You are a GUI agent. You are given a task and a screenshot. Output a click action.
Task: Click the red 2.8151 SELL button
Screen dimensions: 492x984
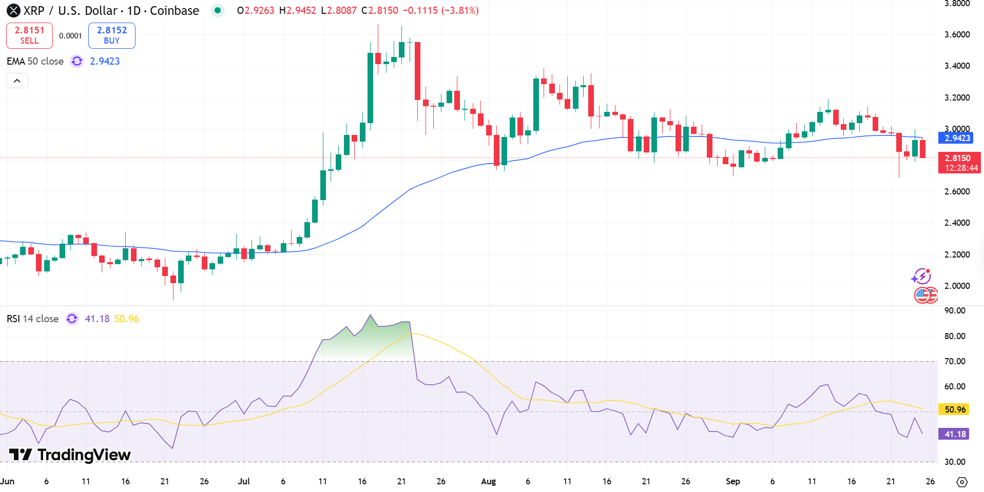pyautogui.click(x=29, y=35)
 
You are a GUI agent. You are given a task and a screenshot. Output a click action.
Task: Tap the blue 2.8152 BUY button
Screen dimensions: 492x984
pyautogui.click(x=111, y=35)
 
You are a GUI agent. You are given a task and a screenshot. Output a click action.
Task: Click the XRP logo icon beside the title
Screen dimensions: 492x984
pyautogui.click(x=13, y=10)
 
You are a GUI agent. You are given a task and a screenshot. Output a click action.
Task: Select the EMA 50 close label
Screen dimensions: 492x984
pyautogui.click(x=35, y=61)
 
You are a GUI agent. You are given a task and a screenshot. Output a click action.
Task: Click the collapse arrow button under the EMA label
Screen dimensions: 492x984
pyautogui.click(x=17, y=81)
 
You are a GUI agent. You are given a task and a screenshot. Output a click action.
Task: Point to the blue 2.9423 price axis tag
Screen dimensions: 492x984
pyautogui.click(x=957, y=138)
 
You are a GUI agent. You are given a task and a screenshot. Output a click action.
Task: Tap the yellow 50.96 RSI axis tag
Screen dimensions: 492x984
pyautogui.click(x=954, y=409)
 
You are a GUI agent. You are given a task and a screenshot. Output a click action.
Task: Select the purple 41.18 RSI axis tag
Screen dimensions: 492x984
pyautogui.click(x=954, y=434)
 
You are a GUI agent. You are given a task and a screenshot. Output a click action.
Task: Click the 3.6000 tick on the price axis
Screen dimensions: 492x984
pyautogui.click(x=957, y=34)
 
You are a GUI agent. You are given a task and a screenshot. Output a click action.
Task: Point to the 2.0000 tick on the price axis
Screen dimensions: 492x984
pyautogui.click(x=957, y=286)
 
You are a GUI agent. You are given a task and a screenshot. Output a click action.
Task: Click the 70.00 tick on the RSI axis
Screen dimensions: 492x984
pyautogui.click(x=954, y=361)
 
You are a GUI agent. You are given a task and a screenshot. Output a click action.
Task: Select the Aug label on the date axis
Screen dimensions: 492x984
pyautogui.click(x=488, y=481)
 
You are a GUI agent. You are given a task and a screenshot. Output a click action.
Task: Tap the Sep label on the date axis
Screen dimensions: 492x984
pyautogui.click(x=732, y=481)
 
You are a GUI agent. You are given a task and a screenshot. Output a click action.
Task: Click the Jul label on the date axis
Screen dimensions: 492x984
pyautogui.click(x=244, y=481)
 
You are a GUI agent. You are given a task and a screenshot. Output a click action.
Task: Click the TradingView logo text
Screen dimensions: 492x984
pyautogui.click(x=70, y=455)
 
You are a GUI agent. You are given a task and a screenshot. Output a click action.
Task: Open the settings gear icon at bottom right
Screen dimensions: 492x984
pyautogui.click(x=962, y=482)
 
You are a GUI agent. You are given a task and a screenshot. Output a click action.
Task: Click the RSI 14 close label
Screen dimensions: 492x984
pyautogui.click(x=32, y=319)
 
